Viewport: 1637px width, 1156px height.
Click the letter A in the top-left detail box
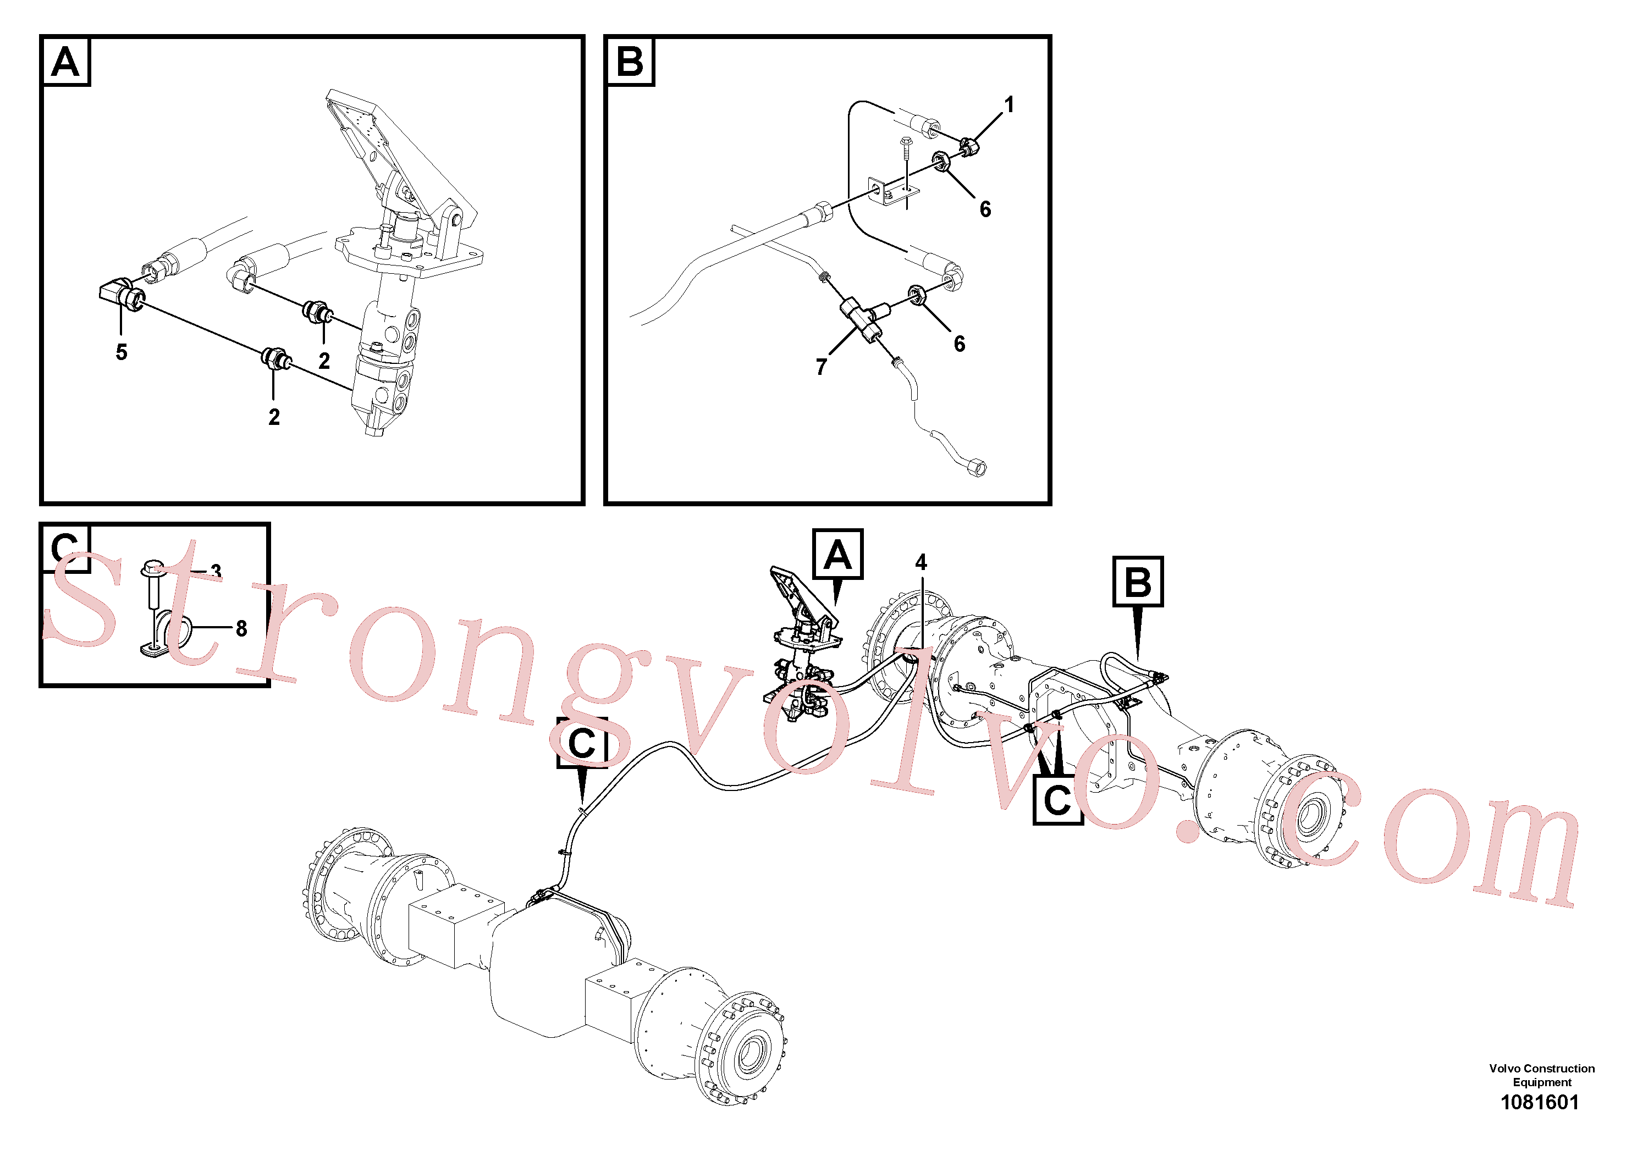tap(65, 62)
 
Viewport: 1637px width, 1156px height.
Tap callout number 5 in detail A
tap(121, 352)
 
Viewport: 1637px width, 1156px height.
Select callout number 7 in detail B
tap(822, 367)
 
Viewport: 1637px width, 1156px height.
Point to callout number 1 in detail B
tap(1009, 105)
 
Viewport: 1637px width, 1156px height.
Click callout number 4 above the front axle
tap(921, 562)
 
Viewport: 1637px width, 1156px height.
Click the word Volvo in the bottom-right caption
tap(1505, 1069)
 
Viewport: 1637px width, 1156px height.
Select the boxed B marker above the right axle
tap(1138, 582)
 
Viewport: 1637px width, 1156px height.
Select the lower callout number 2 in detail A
tap(274, 417)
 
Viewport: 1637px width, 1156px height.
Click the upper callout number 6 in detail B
tap(985, 209)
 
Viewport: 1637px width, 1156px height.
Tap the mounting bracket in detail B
tap(892, 192)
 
